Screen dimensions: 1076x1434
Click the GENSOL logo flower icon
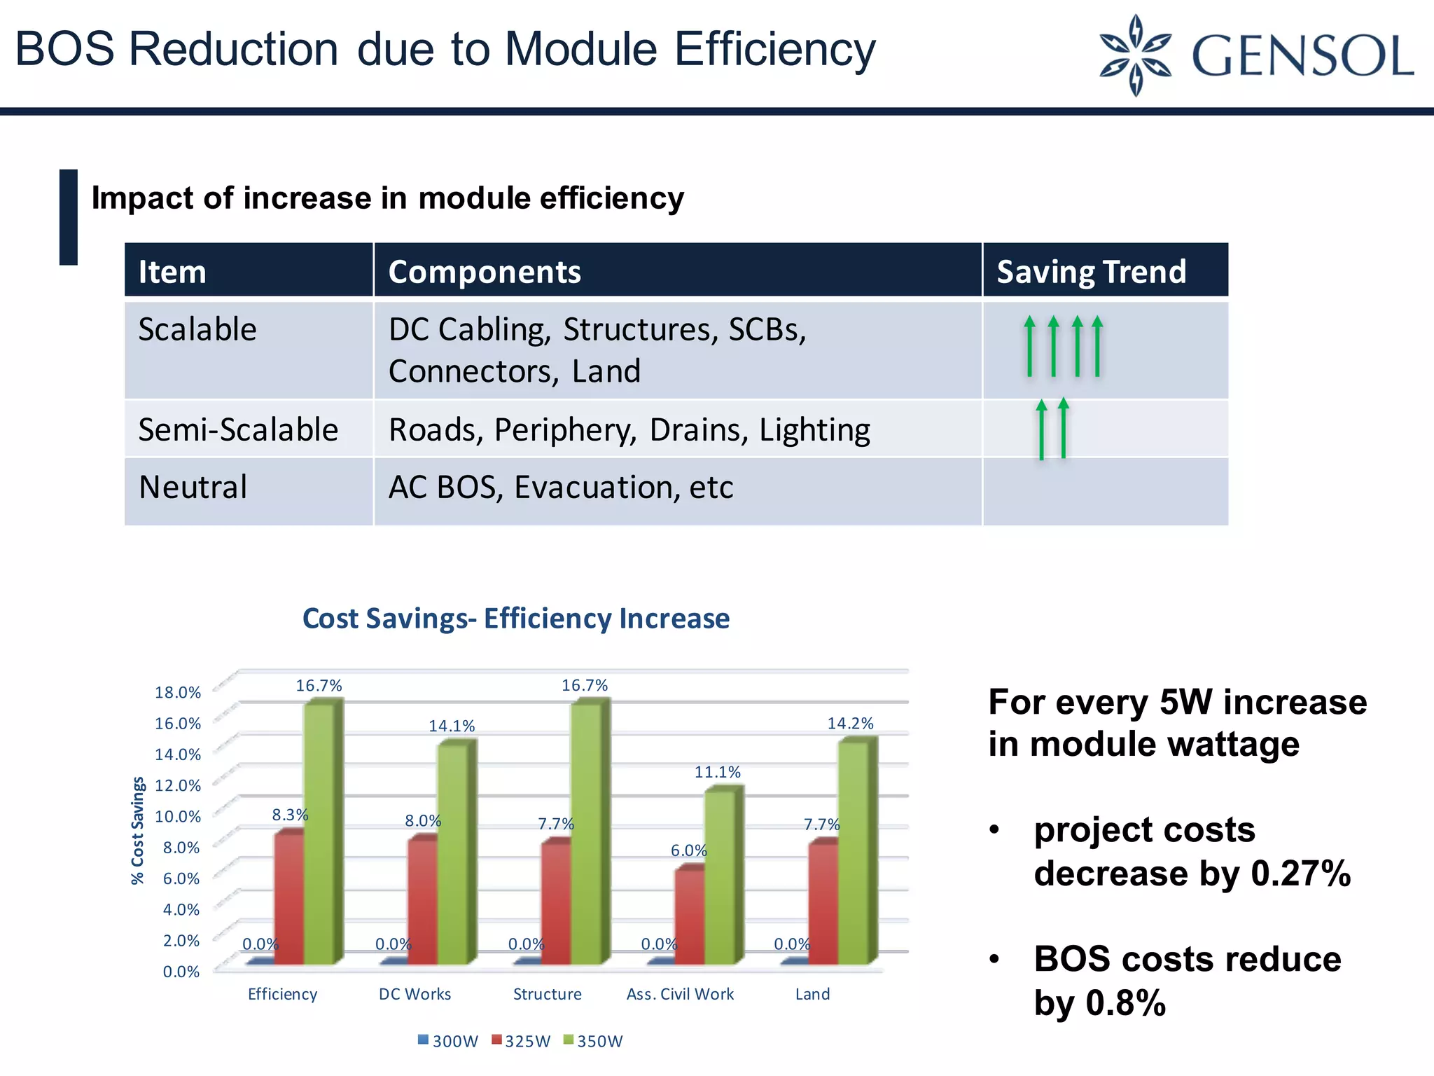(x=1135, y=55)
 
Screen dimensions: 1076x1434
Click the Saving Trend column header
(x=1091, y=272)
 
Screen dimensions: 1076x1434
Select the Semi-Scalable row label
(x=238, y=429)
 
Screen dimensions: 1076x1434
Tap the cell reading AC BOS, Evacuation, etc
(x=561, y=488)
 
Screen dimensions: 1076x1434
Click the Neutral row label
(x=193, y=488)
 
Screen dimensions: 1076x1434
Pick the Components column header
(x=485, y=272)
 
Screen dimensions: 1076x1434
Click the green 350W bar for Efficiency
(x=319, y=834)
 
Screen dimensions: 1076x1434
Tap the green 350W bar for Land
(x=853, y=851)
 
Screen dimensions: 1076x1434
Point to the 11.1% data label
(x=717, y=772)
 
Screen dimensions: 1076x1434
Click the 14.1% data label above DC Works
(x=452, y=726)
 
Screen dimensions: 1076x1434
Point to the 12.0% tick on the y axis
(x=177, y=785)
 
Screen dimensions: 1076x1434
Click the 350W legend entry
(x=594, y=1041)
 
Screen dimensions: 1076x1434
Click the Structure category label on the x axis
(x=547, y=994)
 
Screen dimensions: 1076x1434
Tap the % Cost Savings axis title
(x=138, y=831)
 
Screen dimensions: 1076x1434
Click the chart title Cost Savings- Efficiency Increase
(x=516, y=619)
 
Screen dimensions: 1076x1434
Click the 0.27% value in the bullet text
(x=1300, y=874)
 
